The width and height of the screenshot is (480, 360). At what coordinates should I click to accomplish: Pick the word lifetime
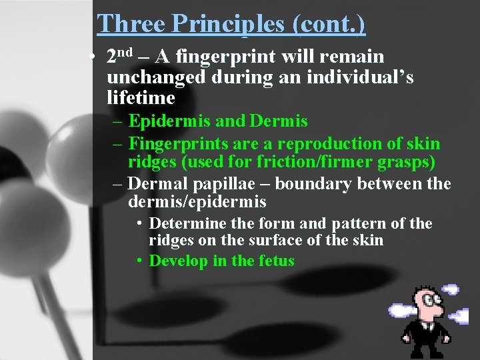point(141,99)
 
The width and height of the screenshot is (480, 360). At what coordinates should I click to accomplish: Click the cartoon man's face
point(427,307)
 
